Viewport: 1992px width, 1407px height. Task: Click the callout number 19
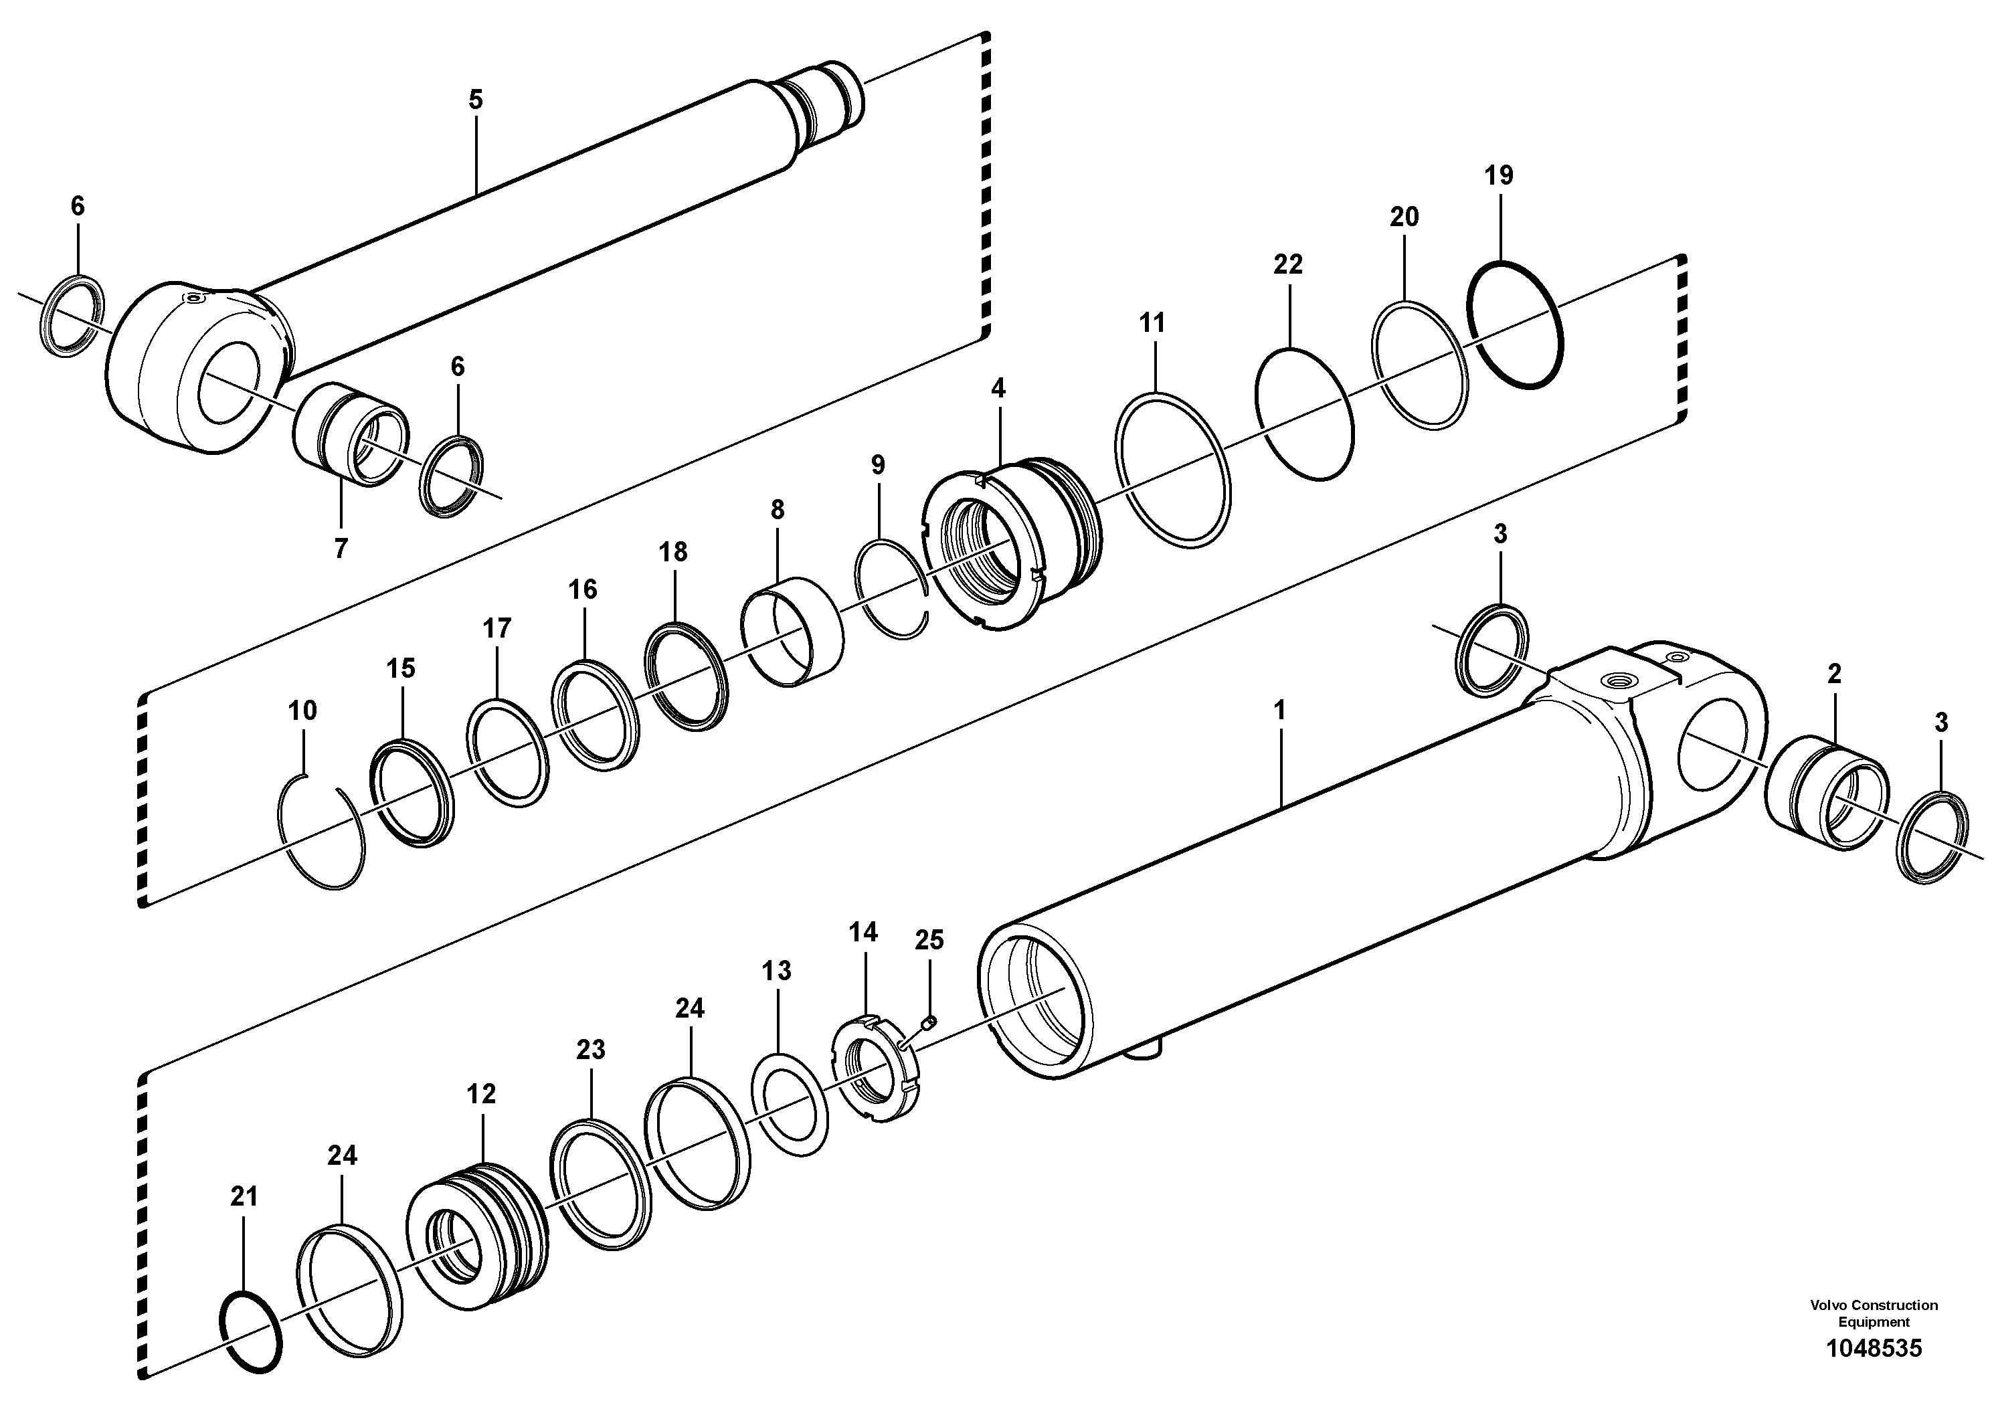point(1498,176)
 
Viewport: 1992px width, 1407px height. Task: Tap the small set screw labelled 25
point(927,1021)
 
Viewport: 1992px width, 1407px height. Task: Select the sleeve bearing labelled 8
point(792,631)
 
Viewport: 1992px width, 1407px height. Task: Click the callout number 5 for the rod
point(476,100)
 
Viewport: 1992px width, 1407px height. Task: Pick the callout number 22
point(1287,264)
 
